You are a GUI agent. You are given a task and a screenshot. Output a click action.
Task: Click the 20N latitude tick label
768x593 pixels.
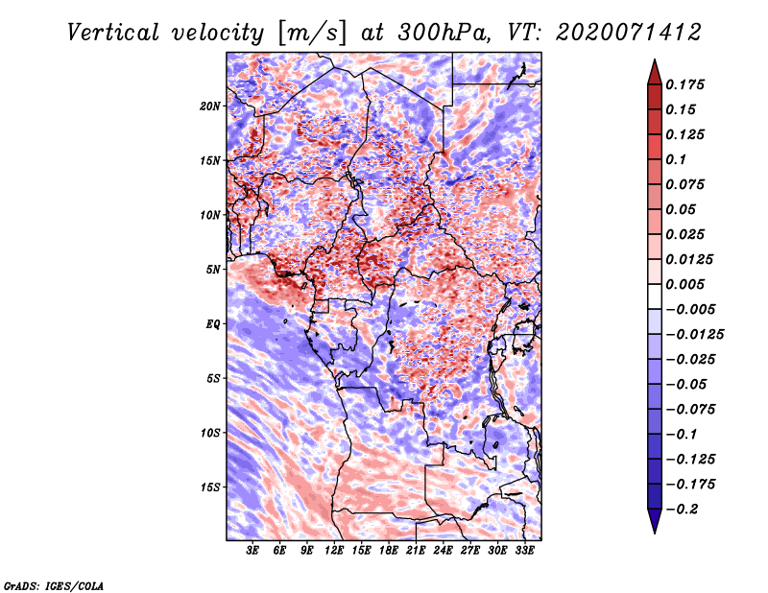coord(210,107)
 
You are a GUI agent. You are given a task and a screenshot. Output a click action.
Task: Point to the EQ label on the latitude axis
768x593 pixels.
coord(213,324)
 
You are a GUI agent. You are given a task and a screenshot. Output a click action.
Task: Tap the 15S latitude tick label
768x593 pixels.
coord(211,487)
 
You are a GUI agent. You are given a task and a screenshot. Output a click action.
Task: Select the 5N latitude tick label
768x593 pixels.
coord(213,270)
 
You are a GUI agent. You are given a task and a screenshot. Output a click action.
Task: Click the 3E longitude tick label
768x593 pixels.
coord(252,551)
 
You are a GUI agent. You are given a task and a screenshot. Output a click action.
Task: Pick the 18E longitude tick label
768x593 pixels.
coord(389,551)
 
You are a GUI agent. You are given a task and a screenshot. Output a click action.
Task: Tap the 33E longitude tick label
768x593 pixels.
coord(524,551)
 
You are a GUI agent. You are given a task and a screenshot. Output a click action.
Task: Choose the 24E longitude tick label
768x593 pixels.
coord(443,551)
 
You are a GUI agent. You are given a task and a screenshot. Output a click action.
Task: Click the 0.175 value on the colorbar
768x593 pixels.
coord(685,84)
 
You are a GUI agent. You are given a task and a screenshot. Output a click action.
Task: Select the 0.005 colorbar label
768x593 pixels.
coord(685,284)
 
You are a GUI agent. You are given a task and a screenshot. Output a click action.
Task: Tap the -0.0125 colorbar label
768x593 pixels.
coord(694,335)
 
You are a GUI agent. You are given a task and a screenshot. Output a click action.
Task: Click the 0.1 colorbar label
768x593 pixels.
coord(677,159)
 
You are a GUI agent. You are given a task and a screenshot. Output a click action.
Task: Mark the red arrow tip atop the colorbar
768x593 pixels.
coord(655,60)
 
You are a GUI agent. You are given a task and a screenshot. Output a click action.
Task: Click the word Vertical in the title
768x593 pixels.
coord(113,33)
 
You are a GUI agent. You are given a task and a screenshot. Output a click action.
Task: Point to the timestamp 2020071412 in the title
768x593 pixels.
coord(629,33)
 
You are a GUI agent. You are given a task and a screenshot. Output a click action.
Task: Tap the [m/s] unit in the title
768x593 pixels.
coord(312,34)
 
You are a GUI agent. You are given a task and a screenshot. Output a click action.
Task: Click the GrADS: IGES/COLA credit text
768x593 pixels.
coord(54,586)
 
